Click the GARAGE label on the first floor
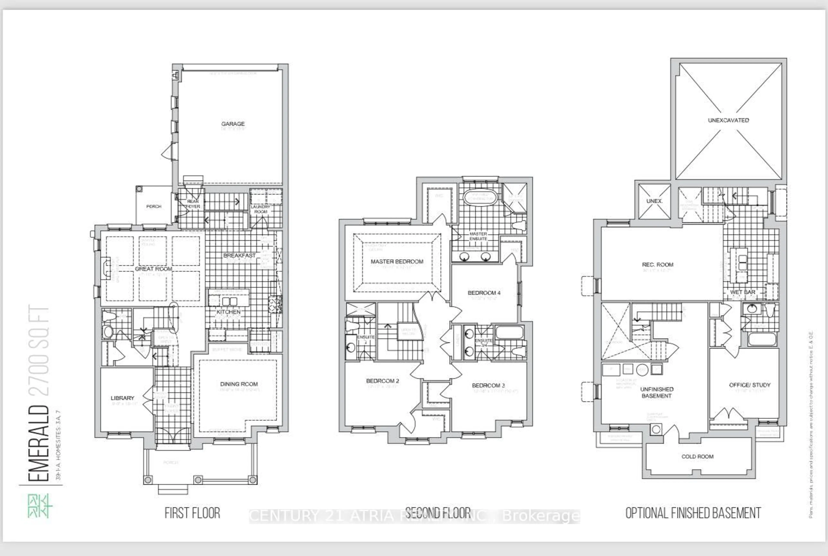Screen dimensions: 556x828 point(233,124)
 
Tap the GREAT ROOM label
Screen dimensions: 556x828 point(154,269)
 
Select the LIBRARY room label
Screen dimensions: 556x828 point(122,398)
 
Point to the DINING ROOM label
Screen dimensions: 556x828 point(239,384)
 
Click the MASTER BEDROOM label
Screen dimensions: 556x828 point(397,261)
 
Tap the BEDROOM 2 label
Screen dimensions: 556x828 point(383,381)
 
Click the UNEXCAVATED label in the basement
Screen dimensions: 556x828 point(728,120)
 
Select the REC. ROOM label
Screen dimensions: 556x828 point(657,265)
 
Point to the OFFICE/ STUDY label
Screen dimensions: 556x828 point(750,385)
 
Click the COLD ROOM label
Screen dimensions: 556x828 point(697,456)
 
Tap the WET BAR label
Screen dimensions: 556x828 point(743,292)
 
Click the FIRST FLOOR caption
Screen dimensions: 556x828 point(192,513)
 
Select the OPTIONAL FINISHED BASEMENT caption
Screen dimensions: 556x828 point(693,513)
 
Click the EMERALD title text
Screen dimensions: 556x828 point(38,443)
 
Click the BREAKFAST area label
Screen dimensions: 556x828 point(239,255)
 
